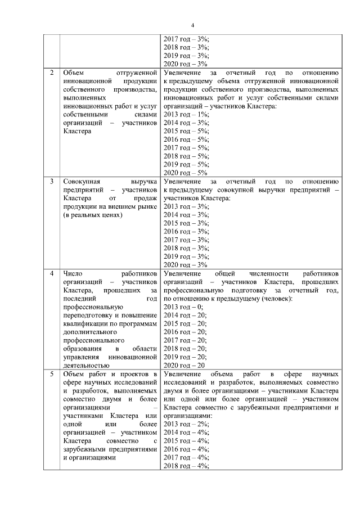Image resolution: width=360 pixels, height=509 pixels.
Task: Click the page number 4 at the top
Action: [192, 25]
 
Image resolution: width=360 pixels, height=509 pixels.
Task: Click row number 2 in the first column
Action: [52, 73]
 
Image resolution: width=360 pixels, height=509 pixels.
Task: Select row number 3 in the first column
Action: [52, 182]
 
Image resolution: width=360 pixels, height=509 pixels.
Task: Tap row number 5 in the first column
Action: [52, 374]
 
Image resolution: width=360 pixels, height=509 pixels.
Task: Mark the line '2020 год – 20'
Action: [184, 365]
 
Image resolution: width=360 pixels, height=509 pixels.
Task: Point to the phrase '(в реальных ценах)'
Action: [92, 215]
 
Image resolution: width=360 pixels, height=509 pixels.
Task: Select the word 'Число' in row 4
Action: [73, 273]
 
